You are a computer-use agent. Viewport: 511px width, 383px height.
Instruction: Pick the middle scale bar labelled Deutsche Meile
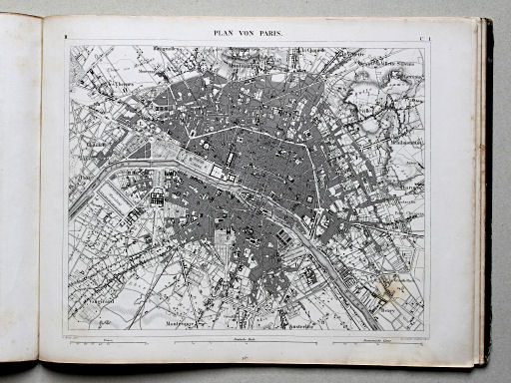245,343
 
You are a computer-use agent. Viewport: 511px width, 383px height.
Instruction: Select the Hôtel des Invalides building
158,196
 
